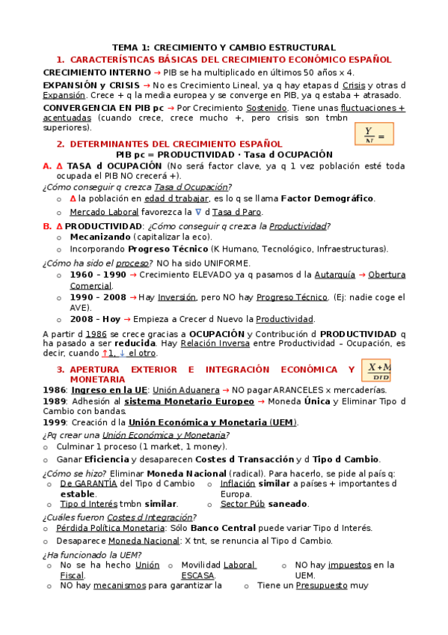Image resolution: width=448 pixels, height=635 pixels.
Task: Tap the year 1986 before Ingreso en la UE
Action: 55,390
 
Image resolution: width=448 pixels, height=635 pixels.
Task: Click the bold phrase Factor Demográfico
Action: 326,198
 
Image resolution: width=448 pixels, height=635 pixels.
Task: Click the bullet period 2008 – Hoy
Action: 95,318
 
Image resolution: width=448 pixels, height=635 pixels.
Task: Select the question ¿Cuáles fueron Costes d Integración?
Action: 120,517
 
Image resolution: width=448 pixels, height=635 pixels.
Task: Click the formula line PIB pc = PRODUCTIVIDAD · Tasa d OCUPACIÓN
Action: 224,154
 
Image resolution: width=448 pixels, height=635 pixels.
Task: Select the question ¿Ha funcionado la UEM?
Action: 92,554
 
